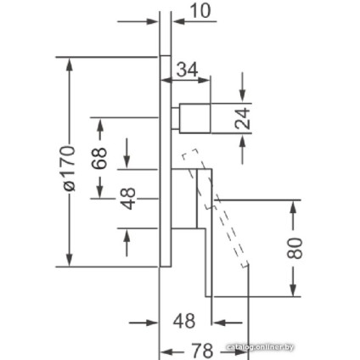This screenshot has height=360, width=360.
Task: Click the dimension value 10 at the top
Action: pos(200,11)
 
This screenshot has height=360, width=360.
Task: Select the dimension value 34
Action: pos(187,70)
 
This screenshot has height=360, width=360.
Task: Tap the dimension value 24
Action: pos(243,118)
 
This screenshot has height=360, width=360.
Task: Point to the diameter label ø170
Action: pos(69,169)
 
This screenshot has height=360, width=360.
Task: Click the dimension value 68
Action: pos(99,159)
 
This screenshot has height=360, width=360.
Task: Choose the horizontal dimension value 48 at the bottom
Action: pos(184,321)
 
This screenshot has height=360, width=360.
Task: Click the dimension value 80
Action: pos(295,248)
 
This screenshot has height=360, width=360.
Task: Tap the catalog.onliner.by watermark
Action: pos(261,347)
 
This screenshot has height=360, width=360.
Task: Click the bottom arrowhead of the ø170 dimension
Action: pos(70,260)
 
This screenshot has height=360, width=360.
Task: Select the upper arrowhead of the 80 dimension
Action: pos(294,207)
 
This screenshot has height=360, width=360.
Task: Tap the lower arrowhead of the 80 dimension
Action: pos(294,290)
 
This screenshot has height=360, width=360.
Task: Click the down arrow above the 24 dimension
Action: pos(242,87)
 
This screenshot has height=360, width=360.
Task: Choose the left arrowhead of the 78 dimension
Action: pos(167,352)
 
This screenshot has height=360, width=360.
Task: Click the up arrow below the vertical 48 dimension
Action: pos(127,242)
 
